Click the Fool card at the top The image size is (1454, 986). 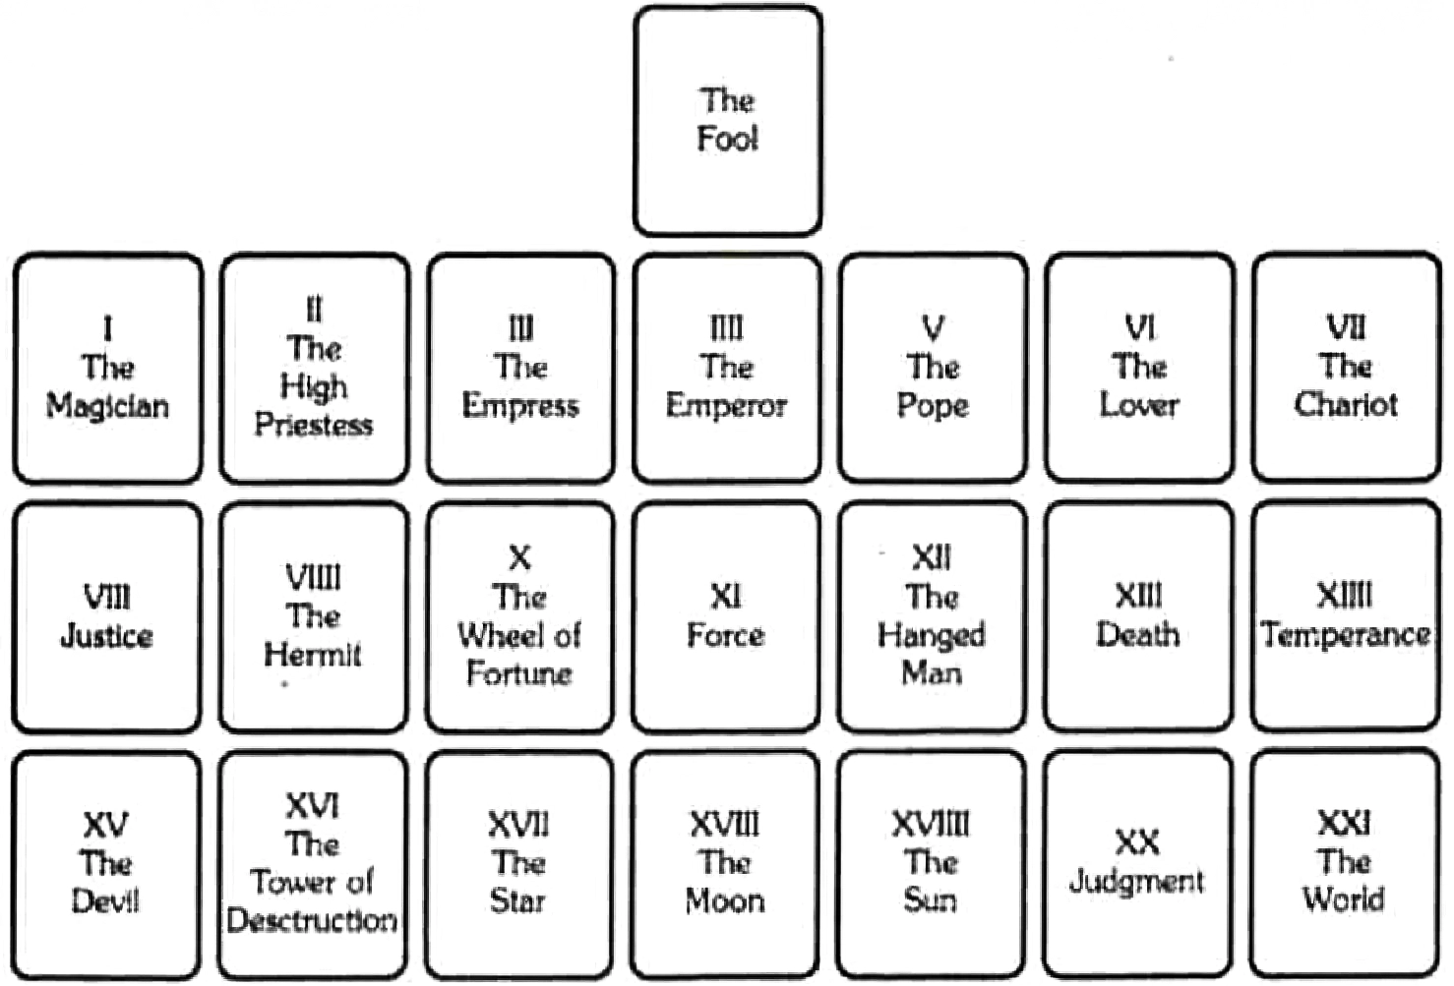tap(727, 121)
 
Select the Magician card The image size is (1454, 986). tap(107, 368)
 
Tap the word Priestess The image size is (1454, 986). tap(314, 425)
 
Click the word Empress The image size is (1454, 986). tap(520, 405)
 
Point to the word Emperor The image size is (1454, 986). tap(726, 405)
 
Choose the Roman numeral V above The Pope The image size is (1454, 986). tap(933, 326)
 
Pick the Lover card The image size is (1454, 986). tap(1139, 368)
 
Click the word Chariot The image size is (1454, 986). tap(1345, 404)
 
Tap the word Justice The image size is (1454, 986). tap(106, 636)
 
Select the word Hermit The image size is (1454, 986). tap(313, 655)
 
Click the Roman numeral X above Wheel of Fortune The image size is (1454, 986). tap(519, 558)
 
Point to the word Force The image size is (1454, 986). tap(725, 635)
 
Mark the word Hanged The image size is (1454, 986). tap(931, 635)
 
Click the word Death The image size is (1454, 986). tap(1137, 635)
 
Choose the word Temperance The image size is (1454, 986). tap(1345, 635)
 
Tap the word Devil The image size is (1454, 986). tap(105, 900)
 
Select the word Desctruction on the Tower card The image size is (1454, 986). tap(312, 920)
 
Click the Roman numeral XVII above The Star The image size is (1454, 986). tap(518, 824)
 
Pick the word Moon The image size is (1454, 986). tap(725, 900)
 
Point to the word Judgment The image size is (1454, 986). tap(1136, 881)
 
